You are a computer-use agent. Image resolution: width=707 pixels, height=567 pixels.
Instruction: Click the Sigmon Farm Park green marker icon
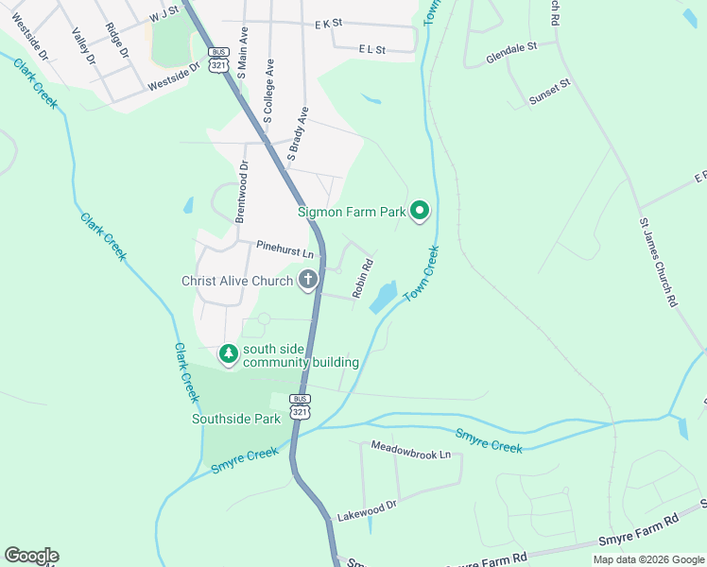pos(419,212)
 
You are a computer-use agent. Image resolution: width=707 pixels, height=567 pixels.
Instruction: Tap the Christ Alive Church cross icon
pos(307,280)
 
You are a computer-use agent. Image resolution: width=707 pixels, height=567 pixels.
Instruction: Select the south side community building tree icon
pos(228,354)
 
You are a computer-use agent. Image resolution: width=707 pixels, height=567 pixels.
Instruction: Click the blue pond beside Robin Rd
pos(384,297)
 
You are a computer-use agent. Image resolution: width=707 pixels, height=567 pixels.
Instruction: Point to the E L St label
pos(371,48)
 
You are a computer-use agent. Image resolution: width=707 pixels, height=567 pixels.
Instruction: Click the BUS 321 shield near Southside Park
pos(300,405)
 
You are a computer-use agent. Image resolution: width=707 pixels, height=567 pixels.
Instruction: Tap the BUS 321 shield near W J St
pos(219,58)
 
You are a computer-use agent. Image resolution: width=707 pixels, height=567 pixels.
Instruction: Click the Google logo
pos(31,556)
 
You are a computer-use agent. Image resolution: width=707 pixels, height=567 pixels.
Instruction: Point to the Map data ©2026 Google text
pos(647,559)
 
